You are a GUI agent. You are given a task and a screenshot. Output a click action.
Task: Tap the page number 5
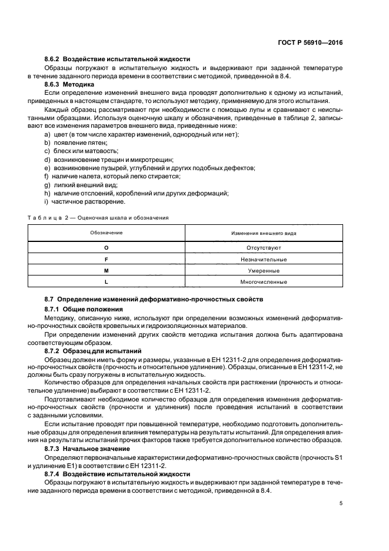[342, 503]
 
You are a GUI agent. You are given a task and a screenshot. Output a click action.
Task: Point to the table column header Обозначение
[107, 233]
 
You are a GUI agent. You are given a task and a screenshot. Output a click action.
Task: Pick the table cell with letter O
[107, 248]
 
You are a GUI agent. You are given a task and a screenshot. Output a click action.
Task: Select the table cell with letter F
[107, 259]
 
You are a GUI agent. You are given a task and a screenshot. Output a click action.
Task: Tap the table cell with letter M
[107, 271]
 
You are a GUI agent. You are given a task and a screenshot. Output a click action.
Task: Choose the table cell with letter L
[107, 282]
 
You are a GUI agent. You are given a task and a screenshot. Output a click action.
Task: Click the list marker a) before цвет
[47, 134]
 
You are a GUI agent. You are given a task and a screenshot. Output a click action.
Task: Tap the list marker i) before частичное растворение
[46, 202]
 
